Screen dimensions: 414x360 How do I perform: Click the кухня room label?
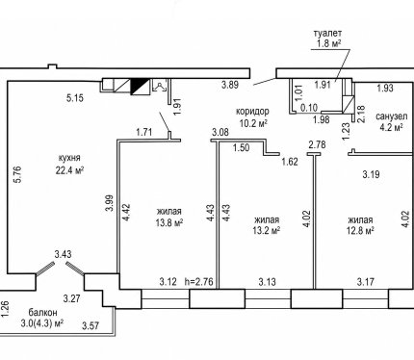click(x=69, y=158)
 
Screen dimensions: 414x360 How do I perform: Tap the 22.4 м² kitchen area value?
click(x=69, y=170)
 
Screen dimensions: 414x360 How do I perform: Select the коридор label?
click(x=252, y=112)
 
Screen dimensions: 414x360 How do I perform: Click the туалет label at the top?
click(x=327, y=33)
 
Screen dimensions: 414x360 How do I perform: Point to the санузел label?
click(x=392, y=116)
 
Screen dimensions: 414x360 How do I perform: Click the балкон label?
click(x=42, y=312)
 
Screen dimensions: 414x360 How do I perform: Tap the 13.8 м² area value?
click(x=169, y=222)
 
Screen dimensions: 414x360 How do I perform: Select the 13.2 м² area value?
click(x=267, y=230)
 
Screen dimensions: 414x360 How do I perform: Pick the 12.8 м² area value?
click(x=360, y=230)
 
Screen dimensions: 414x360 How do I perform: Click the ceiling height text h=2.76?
click(x=199, y=282)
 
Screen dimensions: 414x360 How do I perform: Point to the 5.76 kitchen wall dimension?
click(x=17, y=174)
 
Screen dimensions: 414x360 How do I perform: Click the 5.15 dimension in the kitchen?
click(x=75, y=98)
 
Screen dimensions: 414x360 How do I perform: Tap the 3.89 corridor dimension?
click(x=230, y=85)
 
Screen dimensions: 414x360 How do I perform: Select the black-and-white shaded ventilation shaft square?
click(x=140, y=87)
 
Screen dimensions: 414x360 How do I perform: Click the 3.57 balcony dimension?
click(x=91, y=326)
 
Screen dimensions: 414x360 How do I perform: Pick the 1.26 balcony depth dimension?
click(x=6, y=309)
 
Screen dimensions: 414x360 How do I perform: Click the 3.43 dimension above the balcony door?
click(x=63, y=254)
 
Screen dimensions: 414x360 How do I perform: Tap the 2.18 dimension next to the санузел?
click(x=361, y=114)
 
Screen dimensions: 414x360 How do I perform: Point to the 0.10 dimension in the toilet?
click(x=309, y=108)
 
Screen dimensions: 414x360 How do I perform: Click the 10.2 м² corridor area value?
click(x=253, y=123)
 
